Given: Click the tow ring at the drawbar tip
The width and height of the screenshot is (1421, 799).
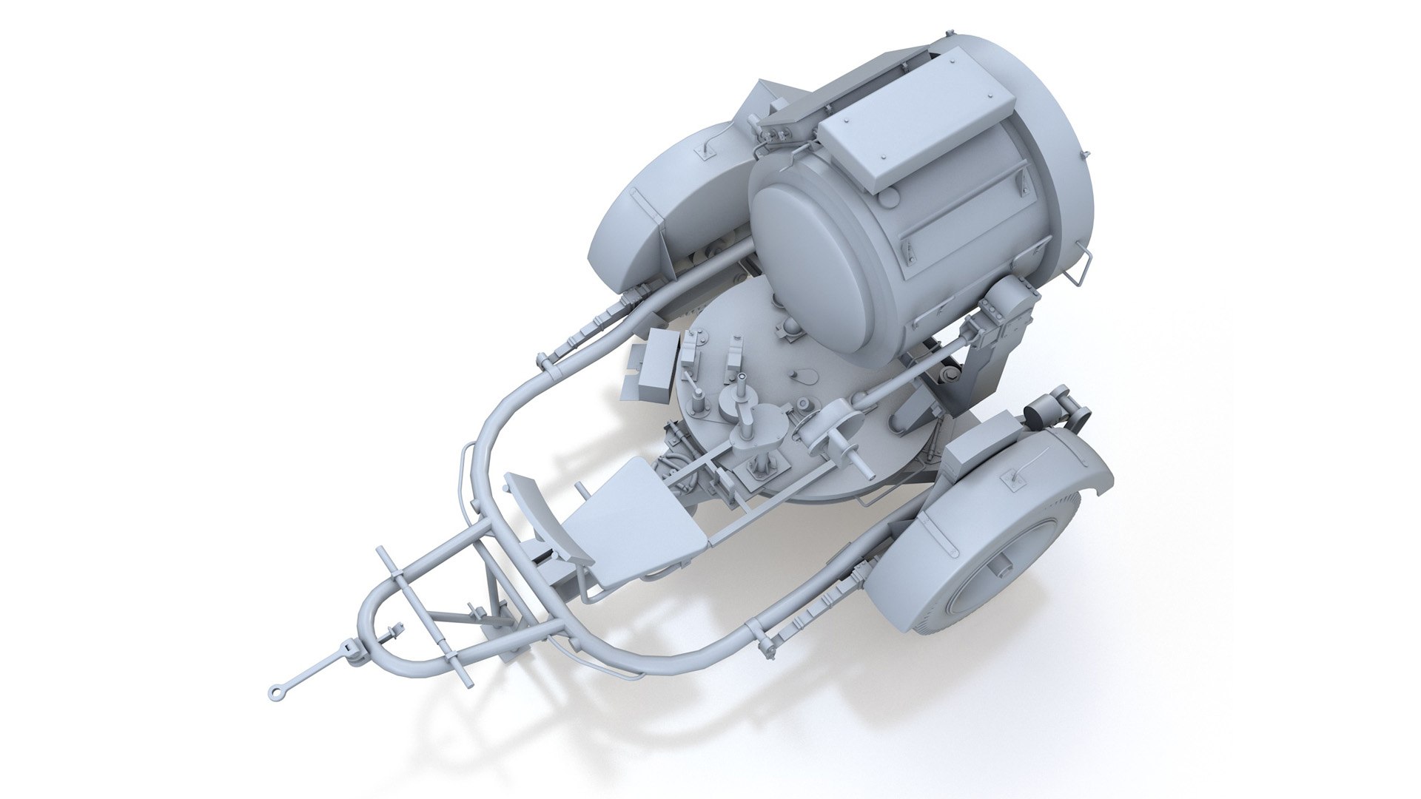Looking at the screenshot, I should tap(275, 692).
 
